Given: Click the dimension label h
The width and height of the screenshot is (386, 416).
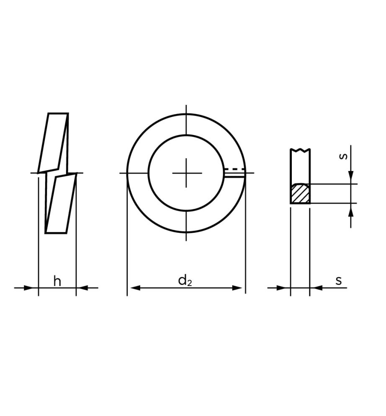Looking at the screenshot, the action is click(57, 281).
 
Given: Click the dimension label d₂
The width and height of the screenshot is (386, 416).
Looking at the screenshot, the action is click(185, 281).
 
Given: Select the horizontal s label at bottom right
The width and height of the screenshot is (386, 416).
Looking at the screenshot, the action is click(339, 281).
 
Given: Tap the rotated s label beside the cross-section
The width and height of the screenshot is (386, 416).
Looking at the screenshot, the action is click(343, 156).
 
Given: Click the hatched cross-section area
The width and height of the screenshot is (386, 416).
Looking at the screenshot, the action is click(300, 193).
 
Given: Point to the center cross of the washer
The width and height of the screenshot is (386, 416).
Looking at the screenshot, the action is click(186, 173).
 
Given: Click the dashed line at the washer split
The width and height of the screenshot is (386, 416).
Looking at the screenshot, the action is click(234, 169).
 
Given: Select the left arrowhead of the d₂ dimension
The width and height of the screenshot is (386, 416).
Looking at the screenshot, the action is click(135, 288).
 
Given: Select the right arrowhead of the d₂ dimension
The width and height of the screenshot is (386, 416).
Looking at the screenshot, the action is click(237, 288).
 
